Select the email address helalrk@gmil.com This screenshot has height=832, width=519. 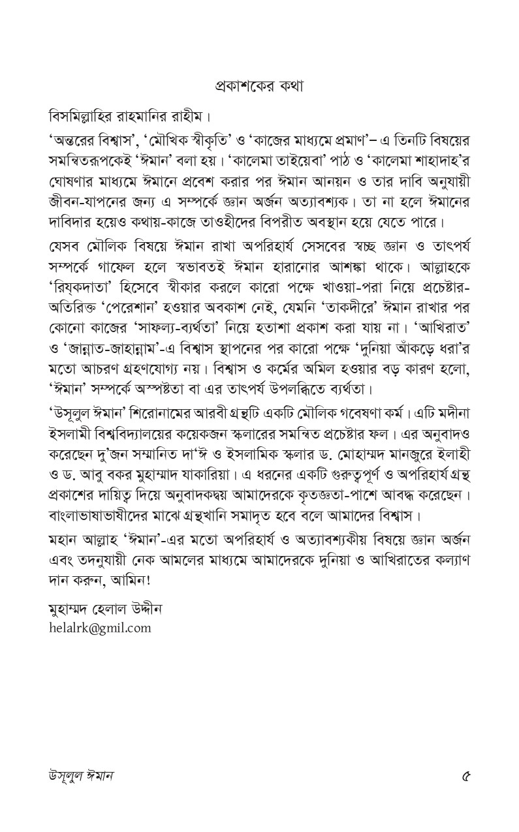[x=99, y=628]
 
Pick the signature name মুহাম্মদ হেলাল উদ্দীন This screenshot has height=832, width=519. [x=105, y=610]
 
